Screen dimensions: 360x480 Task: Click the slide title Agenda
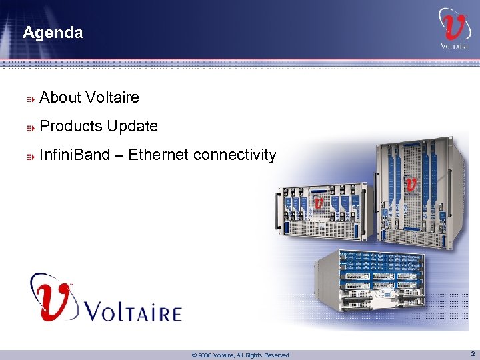click(x=53, y=33)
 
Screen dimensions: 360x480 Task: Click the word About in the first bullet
click(x=59, y=98)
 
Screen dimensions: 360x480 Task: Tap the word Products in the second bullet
click(x=69, y=126)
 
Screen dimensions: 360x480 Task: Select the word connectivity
click(x=235, y=155)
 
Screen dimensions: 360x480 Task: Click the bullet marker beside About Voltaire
click(x=30, y=99)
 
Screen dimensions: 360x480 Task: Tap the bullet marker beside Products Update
click(x=30, y=127)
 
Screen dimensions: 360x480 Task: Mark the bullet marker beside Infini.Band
click(x=30, y=156)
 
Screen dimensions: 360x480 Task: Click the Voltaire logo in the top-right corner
click(x=454, y=28)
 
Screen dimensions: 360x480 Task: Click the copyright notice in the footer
click(x=241, y=355)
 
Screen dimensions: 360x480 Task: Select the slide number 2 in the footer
click(x=472, y=354)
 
